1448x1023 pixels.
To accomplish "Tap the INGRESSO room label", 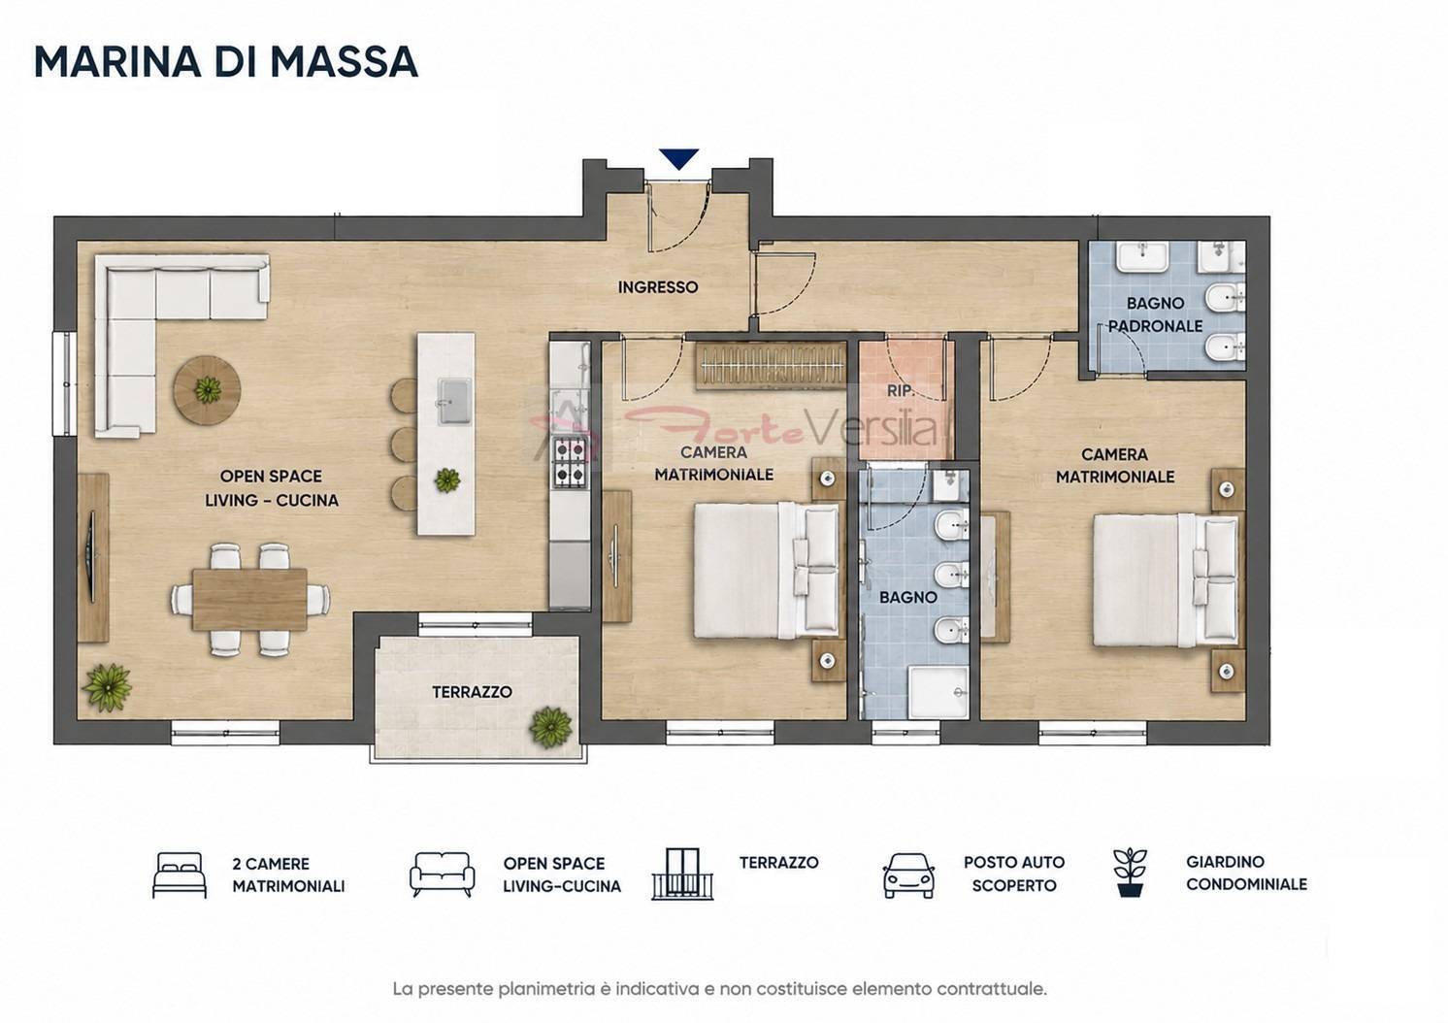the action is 657,287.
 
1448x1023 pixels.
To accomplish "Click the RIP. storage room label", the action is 901,390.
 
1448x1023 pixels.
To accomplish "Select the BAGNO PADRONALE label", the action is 1155,314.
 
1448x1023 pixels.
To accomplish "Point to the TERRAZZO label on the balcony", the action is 472,692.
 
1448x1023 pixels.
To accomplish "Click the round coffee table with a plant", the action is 207,389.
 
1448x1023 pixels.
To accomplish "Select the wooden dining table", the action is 249,600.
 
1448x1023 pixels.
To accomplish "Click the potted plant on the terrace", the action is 550,728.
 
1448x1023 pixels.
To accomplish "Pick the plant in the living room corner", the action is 108,688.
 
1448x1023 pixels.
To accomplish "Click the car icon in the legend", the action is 908,875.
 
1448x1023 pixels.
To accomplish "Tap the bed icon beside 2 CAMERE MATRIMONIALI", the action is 180,875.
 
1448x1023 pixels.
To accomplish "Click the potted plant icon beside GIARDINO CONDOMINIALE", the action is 1130,873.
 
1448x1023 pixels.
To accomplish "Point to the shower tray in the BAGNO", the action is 938,693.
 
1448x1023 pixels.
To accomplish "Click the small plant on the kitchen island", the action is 447,480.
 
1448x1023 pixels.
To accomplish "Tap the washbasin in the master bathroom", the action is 1143,256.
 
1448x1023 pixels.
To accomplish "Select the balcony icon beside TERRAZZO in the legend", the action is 682,874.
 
